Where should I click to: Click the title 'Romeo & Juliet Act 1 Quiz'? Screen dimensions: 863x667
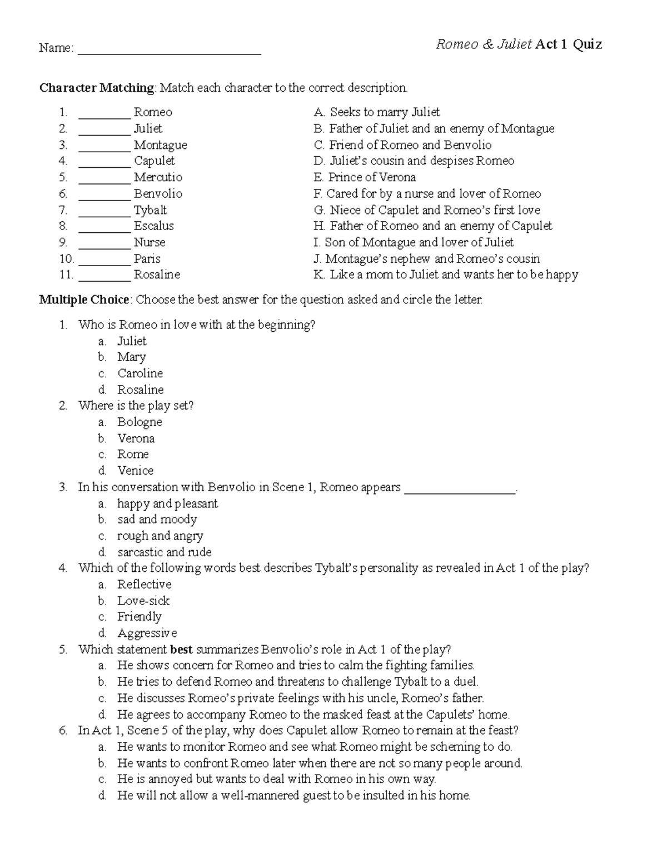pyautogui.click(x=519, y=44)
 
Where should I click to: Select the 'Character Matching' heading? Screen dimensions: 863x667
pyautogui.click(x=97, y=88)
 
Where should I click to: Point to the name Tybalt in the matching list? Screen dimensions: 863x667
pyautogui.click(x=150, y=210)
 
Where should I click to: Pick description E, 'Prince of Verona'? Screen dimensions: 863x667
pyautogui.click(x=365, y=177)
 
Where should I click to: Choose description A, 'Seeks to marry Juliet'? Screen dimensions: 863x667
pyautogui.click(x=377, y=112)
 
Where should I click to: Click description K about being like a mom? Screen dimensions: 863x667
pyautogui.click(x=446, y=275)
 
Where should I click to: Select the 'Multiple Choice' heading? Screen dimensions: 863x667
pyautogui.click(x=84, y=300)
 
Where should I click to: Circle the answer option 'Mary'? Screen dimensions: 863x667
pyautogui.click(x=131, y=357)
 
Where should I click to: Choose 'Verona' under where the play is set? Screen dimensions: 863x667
pyautogui.click(x=136, y=438)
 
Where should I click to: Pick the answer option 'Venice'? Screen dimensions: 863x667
pyautogui.click(x=135, y=471)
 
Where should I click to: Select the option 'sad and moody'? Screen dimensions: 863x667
pyautogui.click(x=157, y=520)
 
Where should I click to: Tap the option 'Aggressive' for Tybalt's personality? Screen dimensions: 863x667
pyautogui.click(x=147, y=633)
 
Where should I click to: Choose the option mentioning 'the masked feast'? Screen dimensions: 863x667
pyautogui.click(x=313, y=715)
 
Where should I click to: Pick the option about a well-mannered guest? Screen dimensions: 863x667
pyautogui.click(x=293, y=796)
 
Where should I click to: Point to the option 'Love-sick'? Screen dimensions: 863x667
pyautogui.click(x=143, y=601)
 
